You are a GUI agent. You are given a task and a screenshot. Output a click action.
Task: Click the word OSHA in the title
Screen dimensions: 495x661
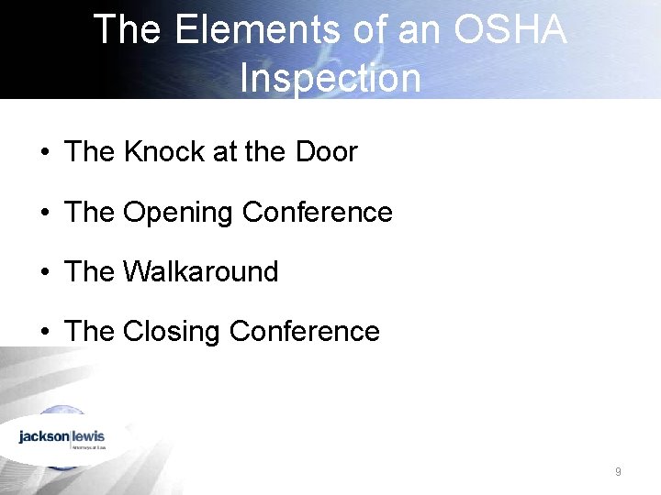point(510,30)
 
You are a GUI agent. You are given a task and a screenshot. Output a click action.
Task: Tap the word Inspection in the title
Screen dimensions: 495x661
point(330,78)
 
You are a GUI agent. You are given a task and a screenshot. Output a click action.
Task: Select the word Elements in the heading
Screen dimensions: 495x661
point(247,30)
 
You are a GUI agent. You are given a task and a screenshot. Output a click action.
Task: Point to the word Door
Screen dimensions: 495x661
point(326,152)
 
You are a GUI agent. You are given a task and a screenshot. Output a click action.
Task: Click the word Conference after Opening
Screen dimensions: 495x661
point(317,213)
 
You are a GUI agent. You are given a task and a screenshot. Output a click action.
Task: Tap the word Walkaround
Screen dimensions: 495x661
point(200,272)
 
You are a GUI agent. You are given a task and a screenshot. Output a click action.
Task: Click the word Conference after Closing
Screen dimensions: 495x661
point(304,331)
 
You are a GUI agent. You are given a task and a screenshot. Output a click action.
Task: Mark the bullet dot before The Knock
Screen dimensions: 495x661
point(45,153)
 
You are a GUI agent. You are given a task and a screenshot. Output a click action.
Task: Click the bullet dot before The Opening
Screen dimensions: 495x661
point(45,214)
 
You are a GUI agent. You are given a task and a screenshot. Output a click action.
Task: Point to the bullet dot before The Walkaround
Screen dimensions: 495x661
point(45,273)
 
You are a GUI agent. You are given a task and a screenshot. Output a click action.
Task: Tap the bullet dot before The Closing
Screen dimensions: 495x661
point(45,332)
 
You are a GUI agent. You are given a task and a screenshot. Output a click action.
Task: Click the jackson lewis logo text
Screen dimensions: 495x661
point(62,436)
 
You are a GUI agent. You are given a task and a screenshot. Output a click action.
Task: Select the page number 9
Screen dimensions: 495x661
point(618,472)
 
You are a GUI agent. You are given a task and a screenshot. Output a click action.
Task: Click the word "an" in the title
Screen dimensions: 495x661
point(420,30)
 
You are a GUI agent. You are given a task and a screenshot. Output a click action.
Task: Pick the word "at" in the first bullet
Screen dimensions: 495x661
point(225,152)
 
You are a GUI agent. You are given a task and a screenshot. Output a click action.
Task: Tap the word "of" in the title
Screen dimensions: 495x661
point(368,30)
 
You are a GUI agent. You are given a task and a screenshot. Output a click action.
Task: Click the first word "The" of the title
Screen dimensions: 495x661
point(128,30)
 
